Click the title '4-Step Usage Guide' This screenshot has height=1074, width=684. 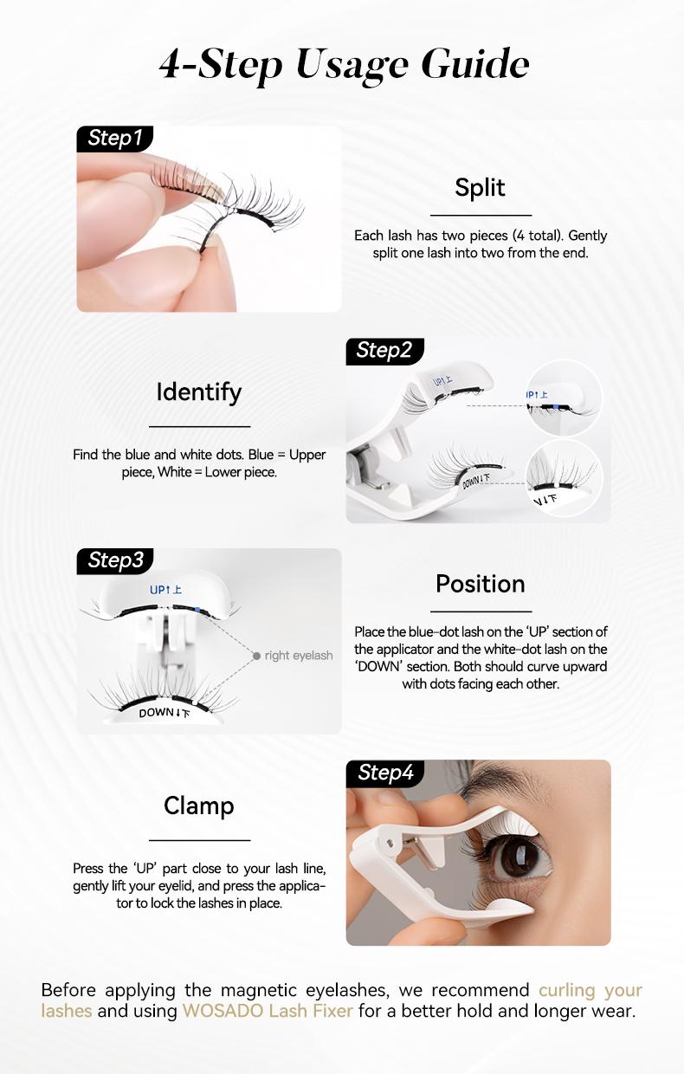(344, 65)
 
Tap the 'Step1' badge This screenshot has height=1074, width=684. (114, 139)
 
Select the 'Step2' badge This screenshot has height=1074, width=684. (384, 350)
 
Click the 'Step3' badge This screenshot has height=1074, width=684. (115, 560)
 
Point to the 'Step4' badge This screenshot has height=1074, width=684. (385, 773)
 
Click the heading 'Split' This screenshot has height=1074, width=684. (480, 188)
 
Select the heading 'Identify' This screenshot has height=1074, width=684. (199, 392)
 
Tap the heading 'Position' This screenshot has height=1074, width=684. (480, 584)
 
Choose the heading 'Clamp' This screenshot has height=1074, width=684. (199, 806)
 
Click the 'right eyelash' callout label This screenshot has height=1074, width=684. (299, 656)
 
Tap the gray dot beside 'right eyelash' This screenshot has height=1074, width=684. (256, 656)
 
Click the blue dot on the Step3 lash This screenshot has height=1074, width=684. (198, 610)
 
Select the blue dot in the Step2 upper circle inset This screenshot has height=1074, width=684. (552, 405)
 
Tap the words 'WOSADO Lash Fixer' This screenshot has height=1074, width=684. (268, 1011)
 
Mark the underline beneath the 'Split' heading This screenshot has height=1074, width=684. (481, 215)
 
